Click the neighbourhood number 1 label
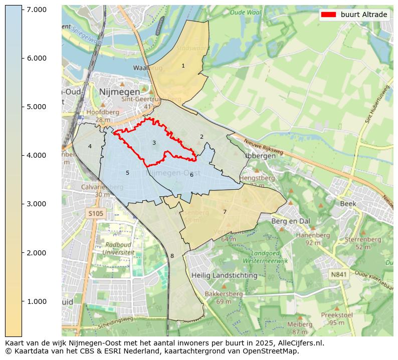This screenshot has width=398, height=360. [x=183, y=66]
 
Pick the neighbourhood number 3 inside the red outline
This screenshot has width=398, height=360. [x=154, y=143]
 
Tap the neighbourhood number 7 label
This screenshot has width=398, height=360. [x=225, y=212]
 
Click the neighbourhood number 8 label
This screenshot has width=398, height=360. [x=172, y=256]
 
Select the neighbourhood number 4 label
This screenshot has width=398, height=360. [x=90, y=146]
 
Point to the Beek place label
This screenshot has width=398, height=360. [x=348, y=204]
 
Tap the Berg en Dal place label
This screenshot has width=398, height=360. [x=291, y=221]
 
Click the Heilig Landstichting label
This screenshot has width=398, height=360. [x=224, y=275]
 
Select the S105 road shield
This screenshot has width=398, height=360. [x=95, y=214]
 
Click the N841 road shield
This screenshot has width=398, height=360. [x=339, y=274]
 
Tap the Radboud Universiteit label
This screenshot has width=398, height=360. [x=118, y=249]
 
